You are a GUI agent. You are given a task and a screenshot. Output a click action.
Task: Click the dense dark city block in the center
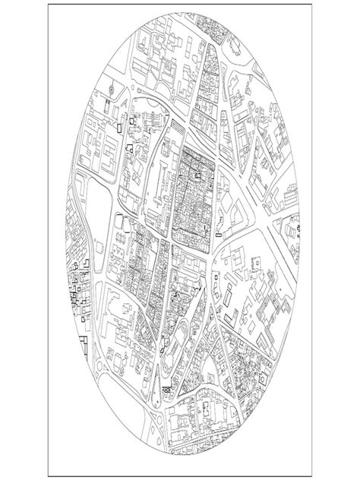(195, 194)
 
